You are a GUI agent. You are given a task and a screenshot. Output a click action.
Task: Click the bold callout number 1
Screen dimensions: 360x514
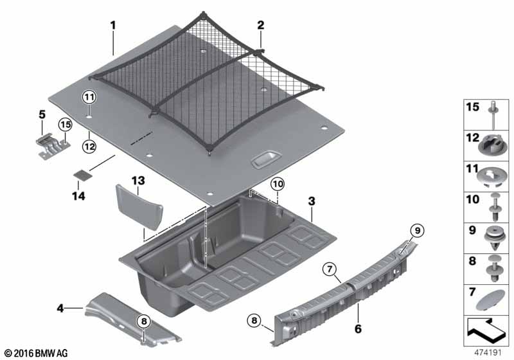(x=113, y=26)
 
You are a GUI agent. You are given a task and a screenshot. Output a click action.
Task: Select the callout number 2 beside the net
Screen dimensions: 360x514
(x=260, y=26)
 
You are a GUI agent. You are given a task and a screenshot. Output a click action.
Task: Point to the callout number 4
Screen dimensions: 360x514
(x=60, y=309)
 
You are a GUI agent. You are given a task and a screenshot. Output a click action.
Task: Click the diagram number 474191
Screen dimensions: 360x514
(x=490, y=352)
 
